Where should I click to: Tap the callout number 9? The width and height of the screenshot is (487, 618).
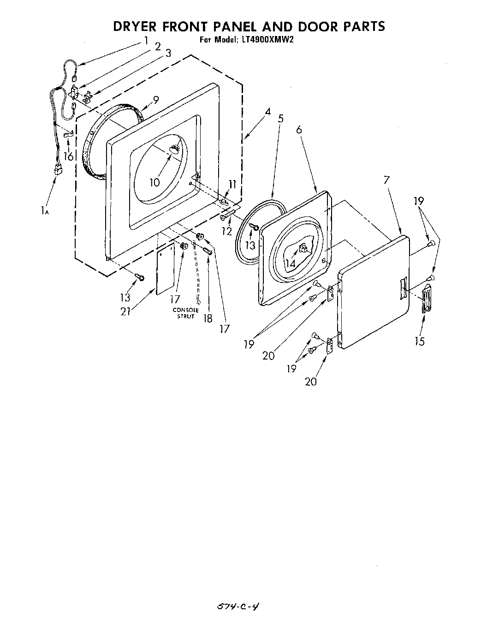tap(156, 99)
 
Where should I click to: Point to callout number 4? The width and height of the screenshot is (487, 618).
tap(267, 112)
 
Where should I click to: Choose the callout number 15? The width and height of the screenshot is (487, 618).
tap(420, 341)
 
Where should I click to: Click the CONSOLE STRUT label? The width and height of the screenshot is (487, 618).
tap(186, 313)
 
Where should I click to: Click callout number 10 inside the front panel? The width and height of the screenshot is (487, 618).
tap(154, 182)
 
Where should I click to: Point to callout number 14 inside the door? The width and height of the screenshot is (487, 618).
tap(290, 264)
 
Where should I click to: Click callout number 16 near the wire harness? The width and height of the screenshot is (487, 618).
tap(68, 156)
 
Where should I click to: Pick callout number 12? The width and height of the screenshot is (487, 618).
tap(226, 231)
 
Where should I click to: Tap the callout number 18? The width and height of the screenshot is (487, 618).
tap(208, 318)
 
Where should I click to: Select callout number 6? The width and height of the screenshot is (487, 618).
tap(299, 130)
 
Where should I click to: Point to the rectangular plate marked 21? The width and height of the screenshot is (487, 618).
tap(165, 270)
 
